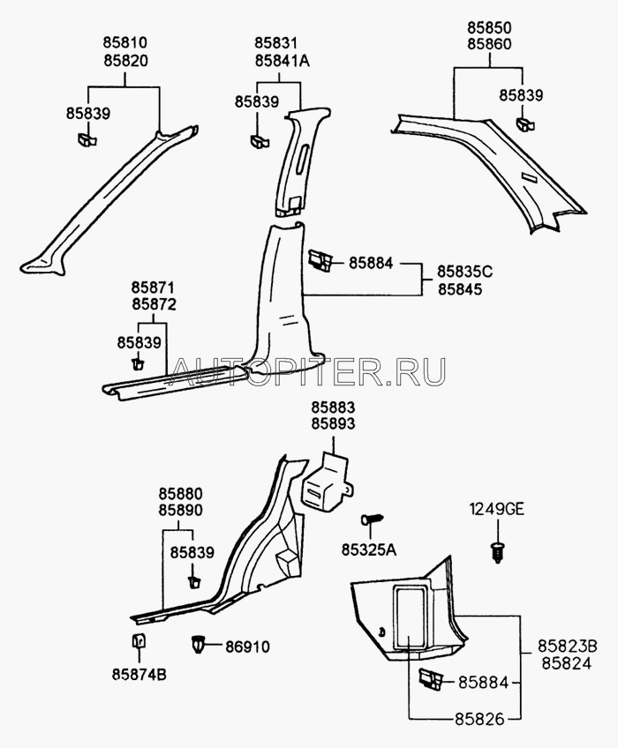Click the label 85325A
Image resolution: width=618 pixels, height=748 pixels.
point(368,550)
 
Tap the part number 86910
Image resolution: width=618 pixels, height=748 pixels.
point(246,647)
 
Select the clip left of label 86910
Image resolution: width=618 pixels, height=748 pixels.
point(199,645)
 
